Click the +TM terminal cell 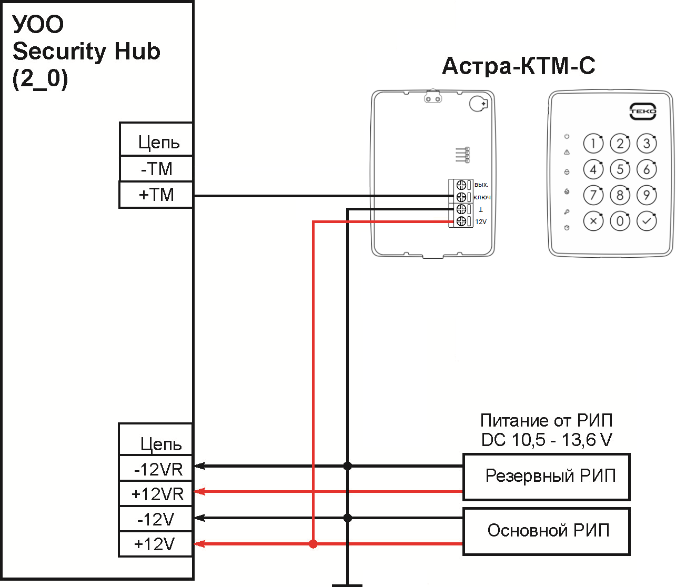click(156, 195)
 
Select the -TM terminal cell click(156, 169)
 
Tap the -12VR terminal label click(158, 469)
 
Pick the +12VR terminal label click(157, 494)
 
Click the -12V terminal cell click(156, 520)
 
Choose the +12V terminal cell click(155, 544)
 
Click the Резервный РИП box click(547, 477)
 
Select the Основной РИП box click(547, 531)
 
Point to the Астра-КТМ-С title click(519, 66)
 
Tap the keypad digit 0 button click(620, 221)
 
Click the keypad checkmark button click(647, 221)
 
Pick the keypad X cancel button click(593, 221)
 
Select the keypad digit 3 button click(647, 143)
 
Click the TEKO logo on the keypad click(643, 112)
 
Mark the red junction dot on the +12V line click(314, 544)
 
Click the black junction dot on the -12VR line click(347, 466)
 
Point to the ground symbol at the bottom click(347, 584)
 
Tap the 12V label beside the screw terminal click(481, 222)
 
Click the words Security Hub click(86, 52)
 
